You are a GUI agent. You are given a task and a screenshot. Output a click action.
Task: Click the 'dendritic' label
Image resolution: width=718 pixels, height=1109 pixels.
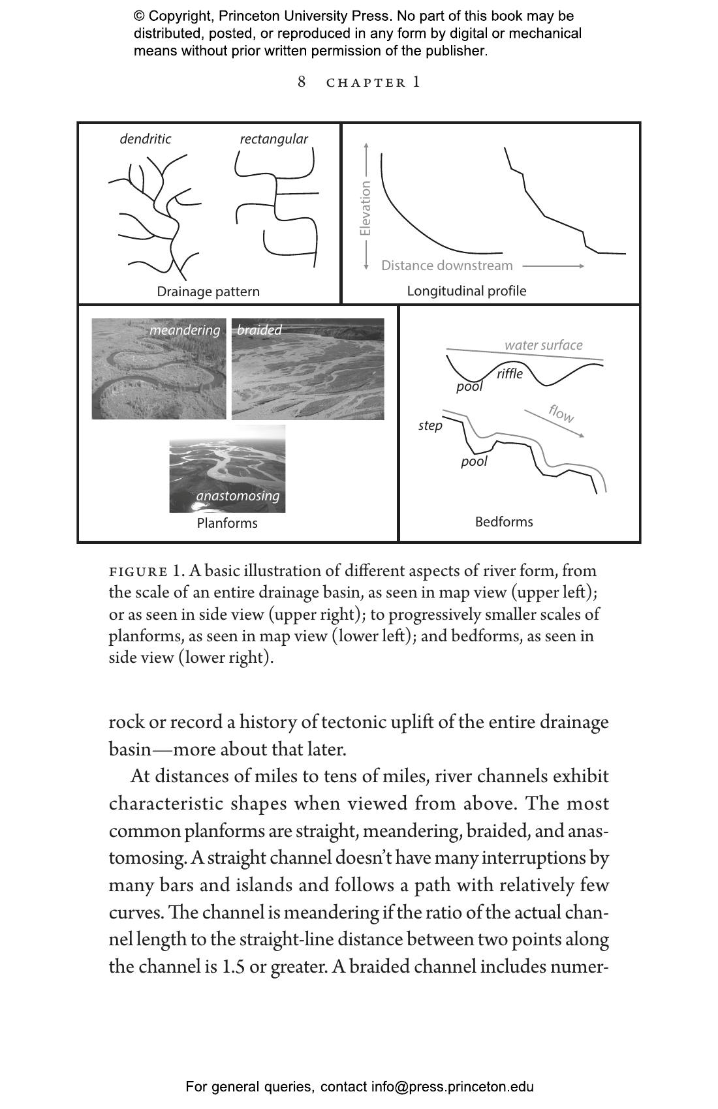pyautogui.click(x=145, y=139)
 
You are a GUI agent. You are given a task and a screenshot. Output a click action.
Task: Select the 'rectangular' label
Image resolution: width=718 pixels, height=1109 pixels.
pyautogui.click(x=273, y=139)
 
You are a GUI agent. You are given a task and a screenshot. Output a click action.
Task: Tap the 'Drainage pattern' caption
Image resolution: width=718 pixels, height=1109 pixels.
pyautogui.click(x=208, y=292)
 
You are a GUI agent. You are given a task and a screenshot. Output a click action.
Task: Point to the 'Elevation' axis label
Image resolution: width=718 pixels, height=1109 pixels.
pyautogui.click(x=366, y=208)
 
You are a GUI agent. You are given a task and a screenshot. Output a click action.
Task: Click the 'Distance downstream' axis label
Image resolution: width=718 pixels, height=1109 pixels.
pyautogui.click(x=447, y=266)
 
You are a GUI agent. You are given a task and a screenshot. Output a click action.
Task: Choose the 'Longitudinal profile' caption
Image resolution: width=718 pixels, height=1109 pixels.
pyautogui.click(x=467, y=291)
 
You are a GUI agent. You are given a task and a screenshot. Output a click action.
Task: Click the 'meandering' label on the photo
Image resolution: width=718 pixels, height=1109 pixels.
pyautogui.click(x=185, y=330)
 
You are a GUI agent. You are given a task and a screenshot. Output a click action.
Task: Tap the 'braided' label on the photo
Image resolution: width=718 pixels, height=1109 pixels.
pyautogui.click(x=259, y=330)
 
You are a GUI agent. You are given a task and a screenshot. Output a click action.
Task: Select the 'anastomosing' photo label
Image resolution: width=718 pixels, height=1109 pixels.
pyautogui.click(x=238, y=496)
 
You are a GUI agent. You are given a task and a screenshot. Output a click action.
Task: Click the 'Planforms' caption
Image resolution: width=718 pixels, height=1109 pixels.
pyautogui.click(x=227, y=523)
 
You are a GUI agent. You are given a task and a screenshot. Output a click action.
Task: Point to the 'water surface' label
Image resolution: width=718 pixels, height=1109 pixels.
pyautogui.click(x=543, y=345)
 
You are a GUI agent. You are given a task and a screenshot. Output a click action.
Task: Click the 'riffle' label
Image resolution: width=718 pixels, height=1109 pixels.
pyautogui.click(x=510, y=374)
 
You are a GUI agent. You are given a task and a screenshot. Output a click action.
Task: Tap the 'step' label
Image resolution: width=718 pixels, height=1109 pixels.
pyautogui.click(x=430, y=426)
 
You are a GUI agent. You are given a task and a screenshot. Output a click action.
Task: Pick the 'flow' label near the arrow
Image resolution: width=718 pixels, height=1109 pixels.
pyautogui.click(x=561, y=413)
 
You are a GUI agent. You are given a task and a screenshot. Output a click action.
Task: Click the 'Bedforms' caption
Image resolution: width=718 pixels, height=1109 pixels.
pyautogui.click(x=504, y=522)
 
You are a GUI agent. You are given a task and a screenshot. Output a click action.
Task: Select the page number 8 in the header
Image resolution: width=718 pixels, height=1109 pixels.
pyautogui.click(x=302, y=82)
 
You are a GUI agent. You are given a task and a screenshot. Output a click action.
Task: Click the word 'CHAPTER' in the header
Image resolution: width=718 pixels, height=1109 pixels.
pyautogui.click(x=366, y=83)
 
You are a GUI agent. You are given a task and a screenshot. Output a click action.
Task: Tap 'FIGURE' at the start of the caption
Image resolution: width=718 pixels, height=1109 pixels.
pyautogui.click(x=138, y=572)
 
